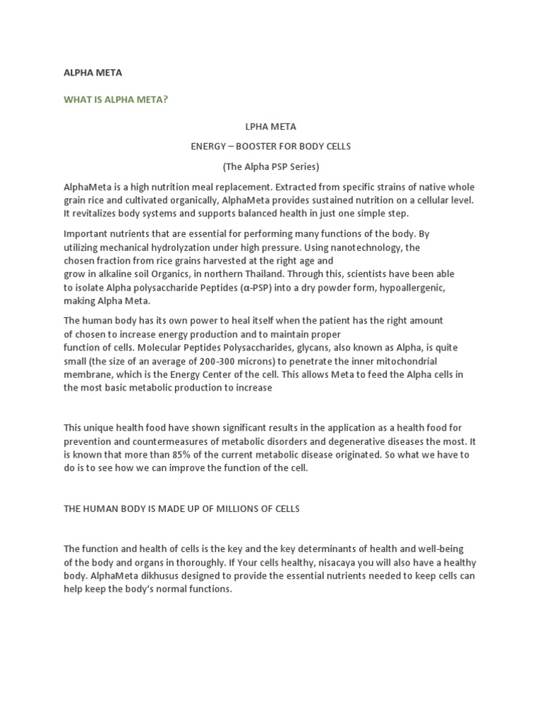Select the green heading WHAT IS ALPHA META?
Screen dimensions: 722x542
point(116,99)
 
